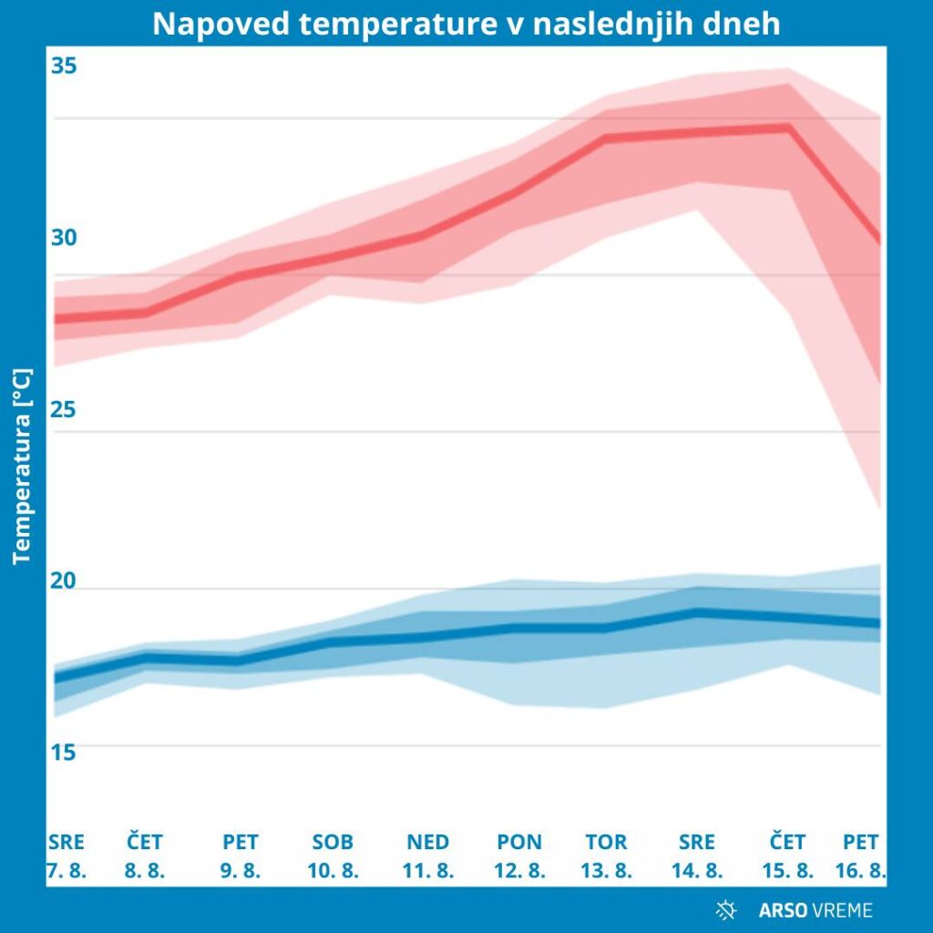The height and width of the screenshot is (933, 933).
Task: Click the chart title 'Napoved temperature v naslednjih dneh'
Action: click(466, 24)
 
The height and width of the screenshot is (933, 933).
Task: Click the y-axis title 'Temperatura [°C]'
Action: click(23, 466)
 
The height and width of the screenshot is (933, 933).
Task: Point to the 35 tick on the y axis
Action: click(64, 67)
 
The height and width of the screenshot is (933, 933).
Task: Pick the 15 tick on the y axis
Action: click(64, 753)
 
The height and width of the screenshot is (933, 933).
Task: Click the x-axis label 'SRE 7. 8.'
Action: click(67, 856)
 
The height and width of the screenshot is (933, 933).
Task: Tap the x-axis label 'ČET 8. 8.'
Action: click(145, 856)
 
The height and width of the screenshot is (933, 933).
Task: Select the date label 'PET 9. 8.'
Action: click(241, 856)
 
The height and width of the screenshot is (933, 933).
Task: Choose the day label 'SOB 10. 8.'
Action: click(333, 856)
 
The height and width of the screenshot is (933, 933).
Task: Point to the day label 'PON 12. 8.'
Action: click(519, 856)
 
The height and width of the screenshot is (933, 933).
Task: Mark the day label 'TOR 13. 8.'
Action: click(606, 856)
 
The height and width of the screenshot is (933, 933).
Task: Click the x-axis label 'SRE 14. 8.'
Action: click(697, 856)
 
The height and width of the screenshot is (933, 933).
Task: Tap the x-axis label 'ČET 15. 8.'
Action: click(787, 856)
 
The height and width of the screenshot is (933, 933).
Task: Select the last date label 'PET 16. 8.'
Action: click(860, 856)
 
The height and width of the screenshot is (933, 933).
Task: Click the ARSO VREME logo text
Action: click(815, 909)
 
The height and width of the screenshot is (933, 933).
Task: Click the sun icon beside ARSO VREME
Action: click(726, 909)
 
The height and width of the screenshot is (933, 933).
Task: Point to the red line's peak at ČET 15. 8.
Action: click(788, 127)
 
